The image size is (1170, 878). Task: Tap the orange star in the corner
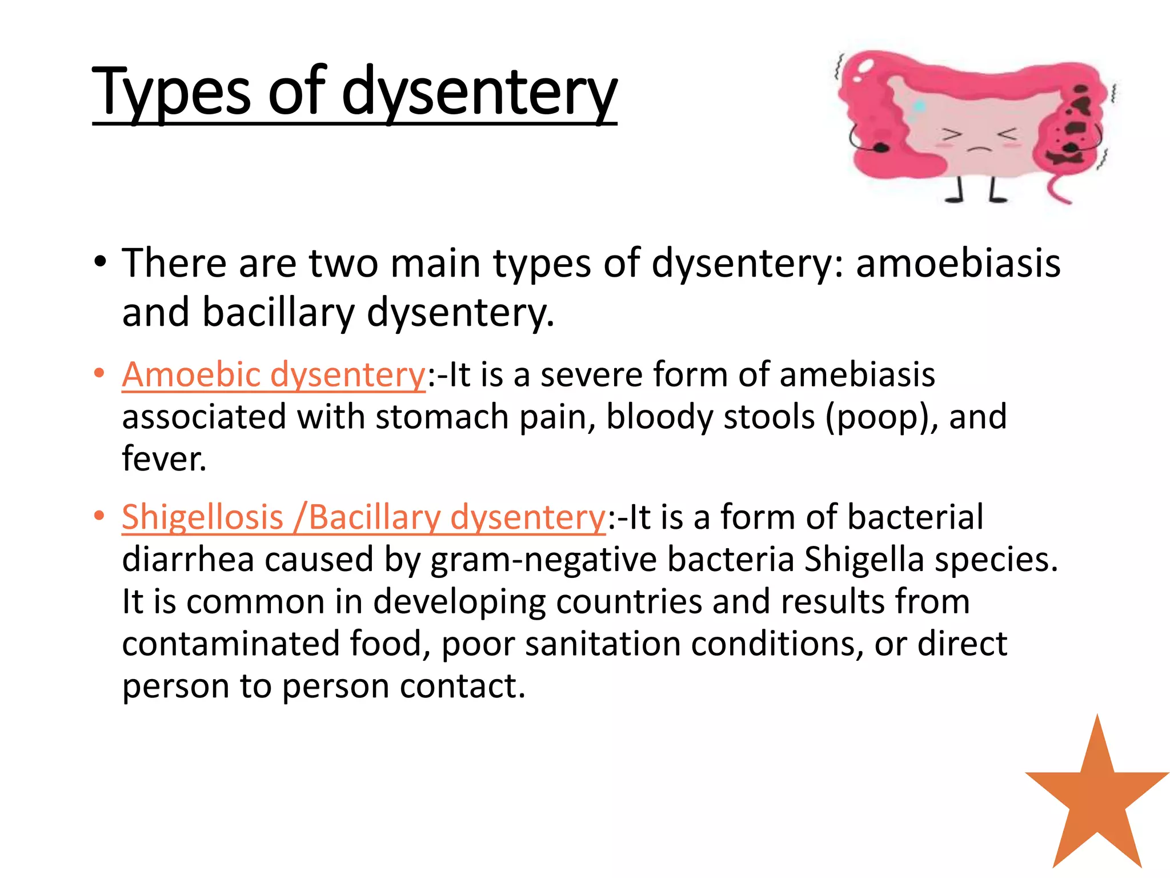click(1097, 800)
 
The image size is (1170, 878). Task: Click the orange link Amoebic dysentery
click(274, 376)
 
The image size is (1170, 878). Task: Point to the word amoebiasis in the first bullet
click(958, 264)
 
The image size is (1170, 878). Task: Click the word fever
click(164, 459)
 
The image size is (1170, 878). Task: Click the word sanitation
click(603, 644)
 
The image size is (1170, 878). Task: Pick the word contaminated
click(231, 644)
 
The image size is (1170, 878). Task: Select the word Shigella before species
click(864, 560)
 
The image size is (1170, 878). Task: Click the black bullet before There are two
click(101, 262)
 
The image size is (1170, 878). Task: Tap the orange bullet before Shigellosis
click(100, 516)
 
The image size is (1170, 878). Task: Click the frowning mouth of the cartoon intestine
click(979, 149)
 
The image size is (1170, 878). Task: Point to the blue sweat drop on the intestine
click(919, 106)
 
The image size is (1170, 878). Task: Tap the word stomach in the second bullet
click(442, 417)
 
